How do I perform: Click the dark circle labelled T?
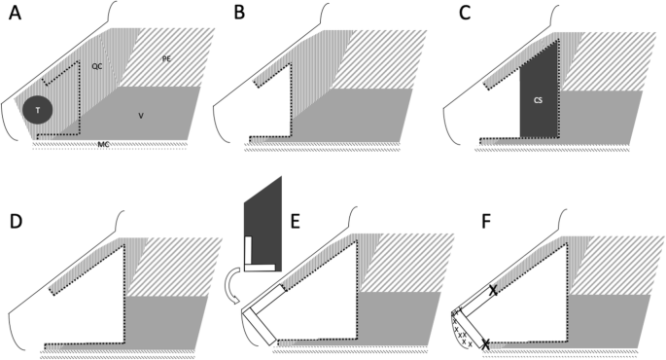39,111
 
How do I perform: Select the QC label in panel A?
97,65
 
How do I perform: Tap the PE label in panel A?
166,58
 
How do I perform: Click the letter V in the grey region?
141,115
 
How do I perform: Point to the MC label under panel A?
103,144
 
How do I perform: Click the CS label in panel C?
537,99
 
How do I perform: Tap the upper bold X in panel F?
493,290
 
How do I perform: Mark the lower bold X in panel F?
486,342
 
